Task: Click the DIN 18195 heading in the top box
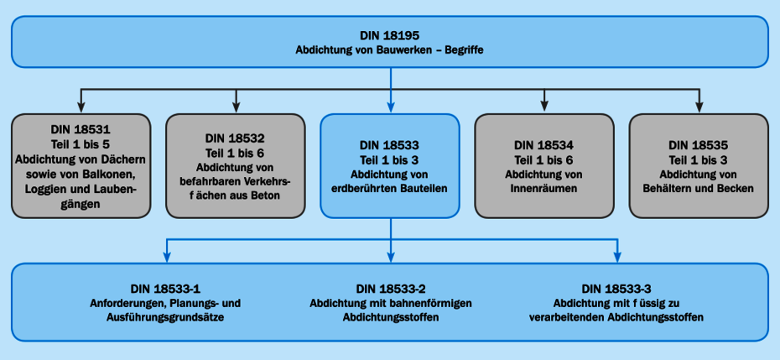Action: point(390,36)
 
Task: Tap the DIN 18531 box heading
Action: point(81,130)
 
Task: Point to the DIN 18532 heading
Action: point(235,138)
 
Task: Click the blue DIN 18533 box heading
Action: point(389,144)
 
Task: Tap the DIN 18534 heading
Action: point(543,144)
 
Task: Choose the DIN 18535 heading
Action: point(698,144)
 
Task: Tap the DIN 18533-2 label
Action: point(391,289)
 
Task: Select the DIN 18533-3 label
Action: point(616,289)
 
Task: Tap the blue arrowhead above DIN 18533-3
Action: point(617,256)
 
